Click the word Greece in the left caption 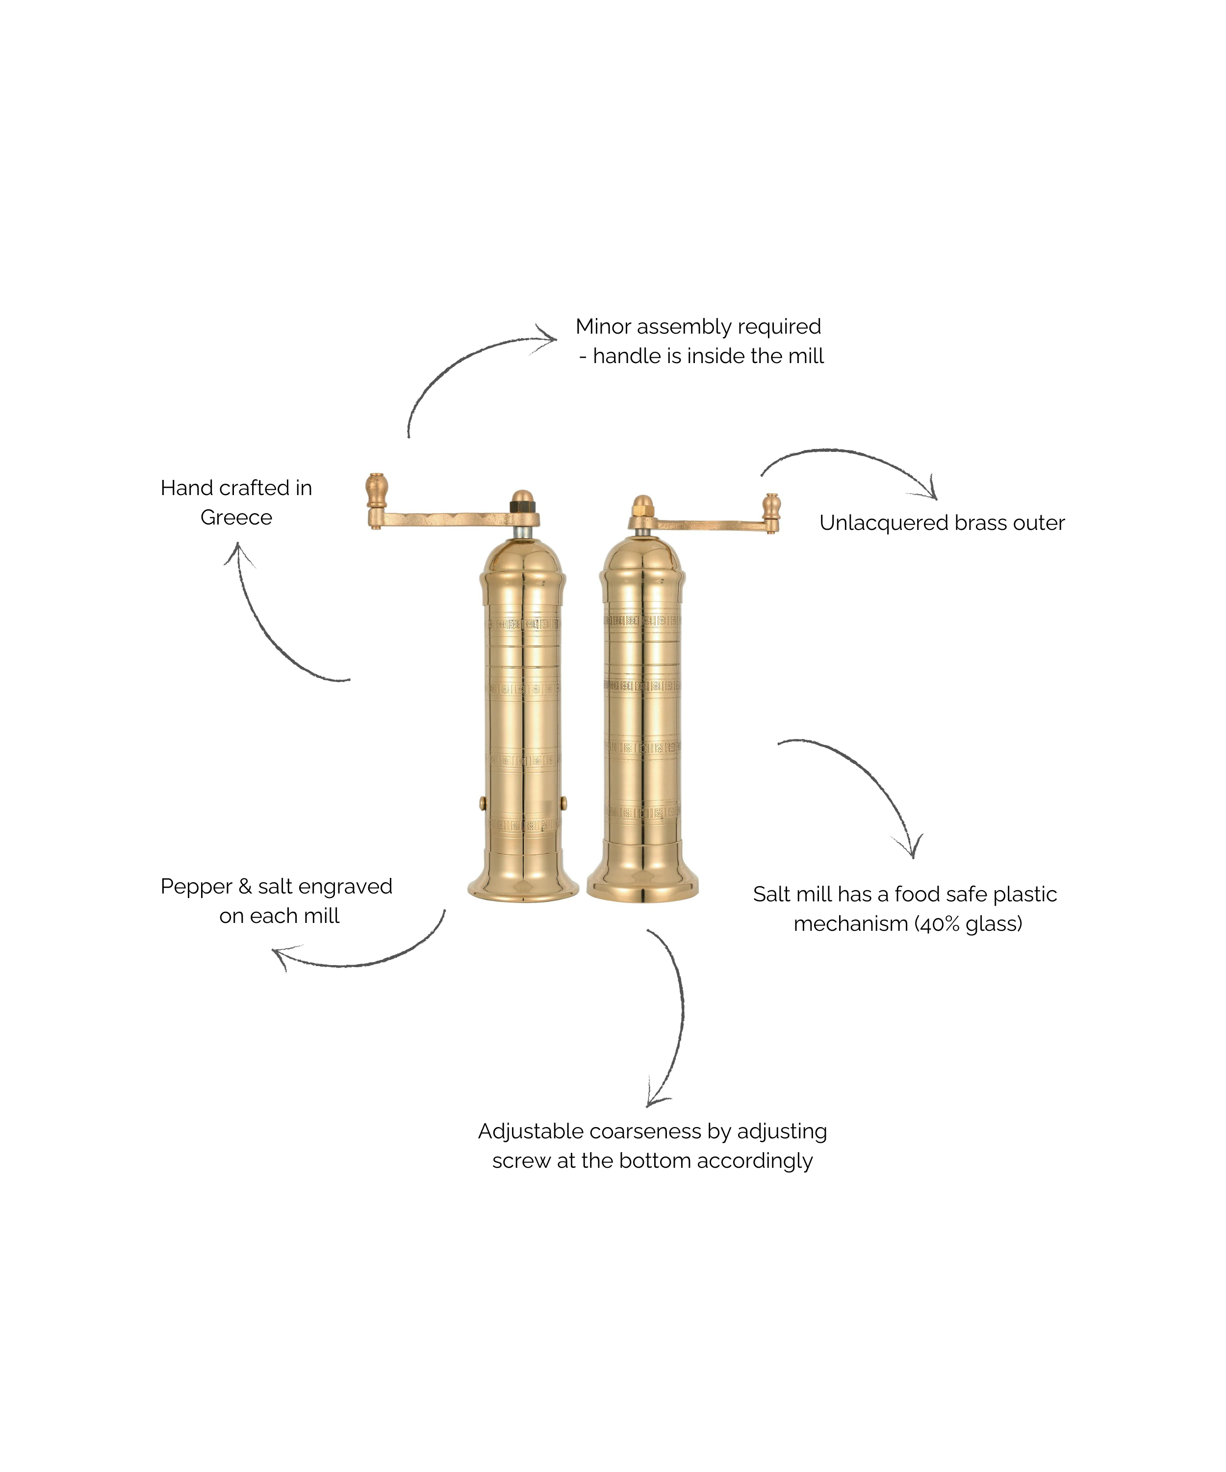click(236, 517)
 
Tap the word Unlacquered click(883, 523)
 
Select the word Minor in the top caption click(603, 327)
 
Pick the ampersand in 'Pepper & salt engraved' click(245, 887)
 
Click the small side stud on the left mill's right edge click(564, 802)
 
